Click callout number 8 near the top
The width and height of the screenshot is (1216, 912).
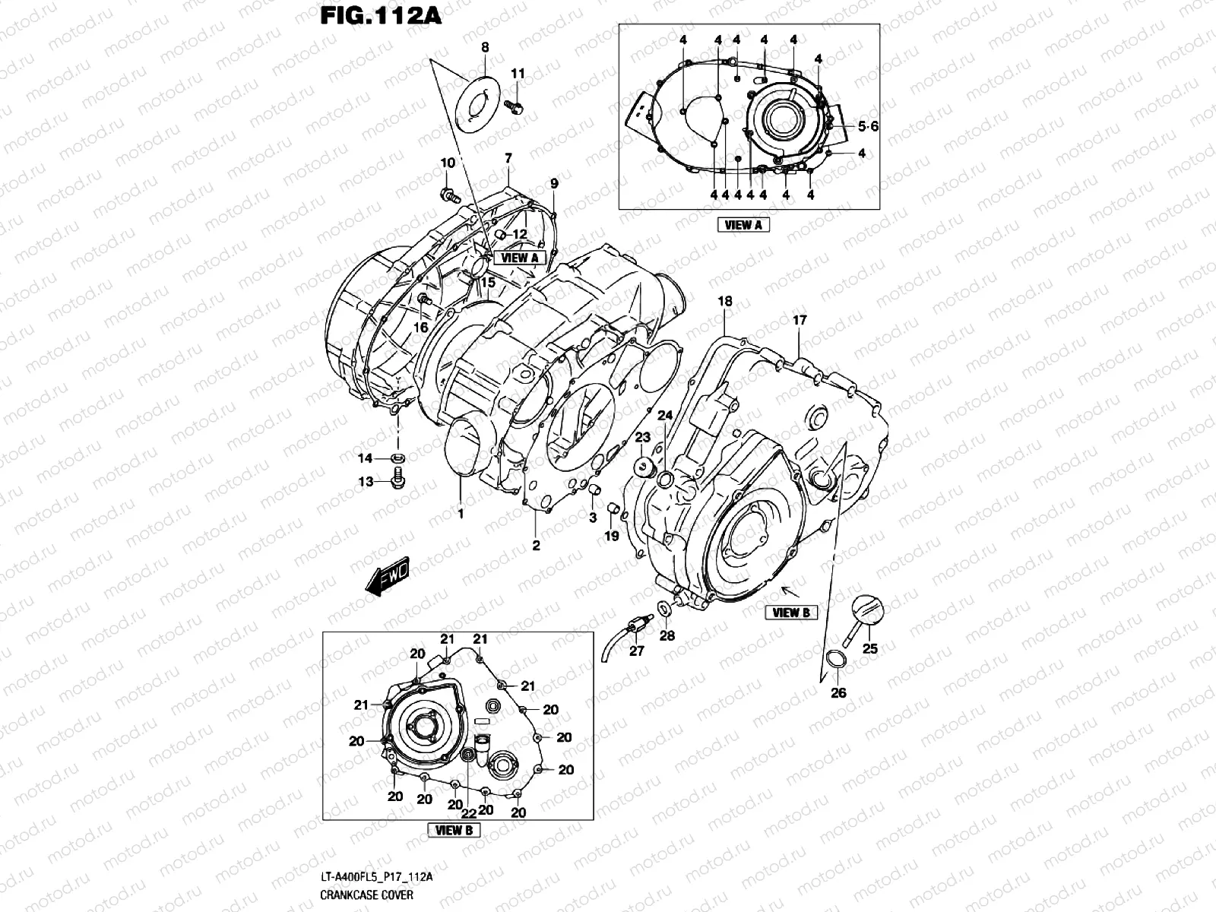485,47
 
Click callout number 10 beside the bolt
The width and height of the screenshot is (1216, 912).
448,163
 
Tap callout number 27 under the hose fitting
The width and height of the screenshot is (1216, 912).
637,651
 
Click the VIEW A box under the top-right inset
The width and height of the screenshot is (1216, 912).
743,224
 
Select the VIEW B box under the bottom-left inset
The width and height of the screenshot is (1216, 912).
454,830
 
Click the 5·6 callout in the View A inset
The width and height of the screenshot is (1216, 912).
868,127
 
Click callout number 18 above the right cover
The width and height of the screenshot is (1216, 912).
724,302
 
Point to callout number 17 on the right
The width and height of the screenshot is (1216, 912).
800,321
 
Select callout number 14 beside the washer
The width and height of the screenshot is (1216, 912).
366,458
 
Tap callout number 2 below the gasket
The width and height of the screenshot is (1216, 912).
536,546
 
